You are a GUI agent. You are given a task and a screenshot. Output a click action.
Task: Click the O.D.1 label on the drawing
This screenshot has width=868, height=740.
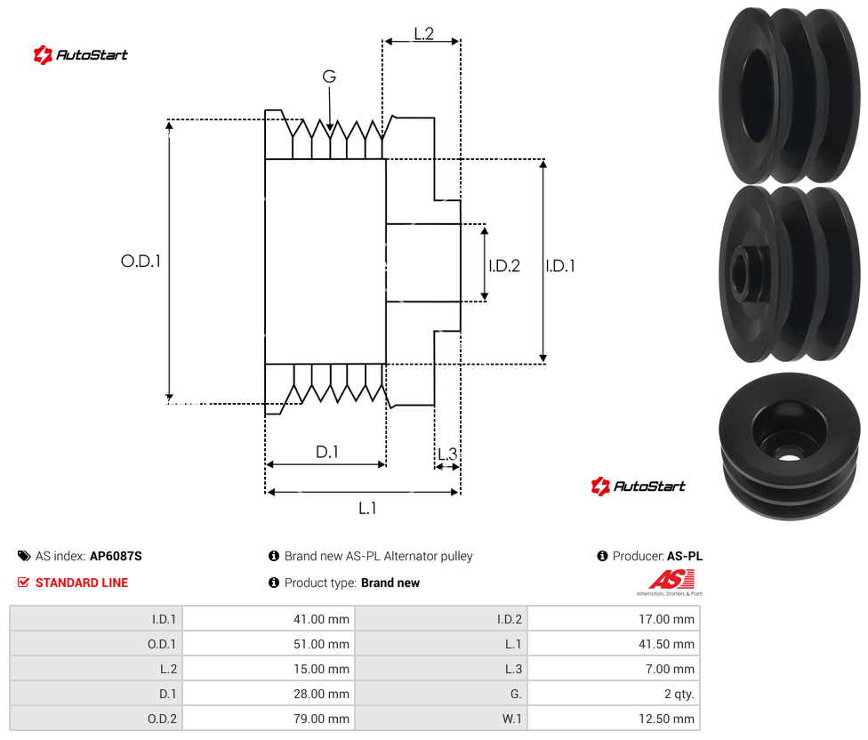coord(141,261)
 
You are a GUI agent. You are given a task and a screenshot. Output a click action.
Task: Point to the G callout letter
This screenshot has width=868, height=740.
coord(329,76)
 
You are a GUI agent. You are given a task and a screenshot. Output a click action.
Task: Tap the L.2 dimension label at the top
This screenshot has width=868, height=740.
coord(423,34)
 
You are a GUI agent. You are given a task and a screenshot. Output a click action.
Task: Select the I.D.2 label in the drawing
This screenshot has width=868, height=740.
coord(504,266)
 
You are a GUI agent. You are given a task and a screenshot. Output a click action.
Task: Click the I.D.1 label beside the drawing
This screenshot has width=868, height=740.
coord(560,266)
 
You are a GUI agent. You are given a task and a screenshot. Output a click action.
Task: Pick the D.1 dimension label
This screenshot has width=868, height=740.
coord(326,452)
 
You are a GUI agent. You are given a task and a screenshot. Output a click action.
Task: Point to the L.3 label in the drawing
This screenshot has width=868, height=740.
coord(447,454)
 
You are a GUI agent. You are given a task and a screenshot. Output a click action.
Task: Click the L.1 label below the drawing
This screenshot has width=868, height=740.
coord(367,508)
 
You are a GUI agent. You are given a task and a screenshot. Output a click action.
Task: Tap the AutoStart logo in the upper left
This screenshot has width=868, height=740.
coord(80,55)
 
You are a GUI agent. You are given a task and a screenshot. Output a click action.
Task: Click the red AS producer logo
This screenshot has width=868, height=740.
coord(671,581)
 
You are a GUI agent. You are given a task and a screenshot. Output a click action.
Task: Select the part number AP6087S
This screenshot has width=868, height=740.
coord(116,556)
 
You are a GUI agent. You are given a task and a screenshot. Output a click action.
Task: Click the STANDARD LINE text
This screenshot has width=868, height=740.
coord(82,583)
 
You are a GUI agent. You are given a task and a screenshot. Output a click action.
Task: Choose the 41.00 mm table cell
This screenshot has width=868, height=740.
coord(269,619)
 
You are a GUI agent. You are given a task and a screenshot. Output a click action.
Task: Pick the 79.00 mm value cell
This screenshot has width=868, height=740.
coord(269,719)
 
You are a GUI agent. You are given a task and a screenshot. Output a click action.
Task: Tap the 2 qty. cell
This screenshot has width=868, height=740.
coord(614,694)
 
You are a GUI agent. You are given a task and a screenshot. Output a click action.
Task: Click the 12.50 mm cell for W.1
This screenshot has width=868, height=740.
coord(614,719)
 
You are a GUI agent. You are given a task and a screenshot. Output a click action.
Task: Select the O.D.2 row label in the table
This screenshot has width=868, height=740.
coord(162,719)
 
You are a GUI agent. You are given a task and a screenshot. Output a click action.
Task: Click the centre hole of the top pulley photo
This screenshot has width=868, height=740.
coord(756,95)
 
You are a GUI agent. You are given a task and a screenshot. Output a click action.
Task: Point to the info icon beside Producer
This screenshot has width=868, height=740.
coord(602,556)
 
